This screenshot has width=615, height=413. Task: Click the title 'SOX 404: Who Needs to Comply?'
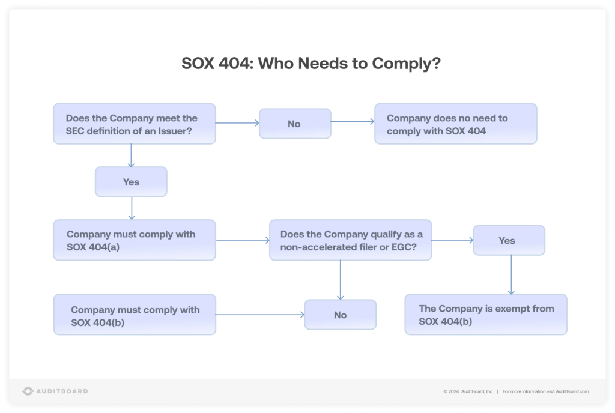tap(311, 64)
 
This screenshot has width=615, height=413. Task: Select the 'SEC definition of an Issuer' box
tap(134, 124)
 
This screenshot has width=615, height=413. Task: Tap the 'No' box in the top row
tap(294, 124)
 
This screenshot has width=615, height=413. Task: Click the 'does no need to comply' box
tap(455, 124)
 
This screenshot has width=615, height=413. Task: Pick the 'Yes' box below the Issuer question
tap(131, 182)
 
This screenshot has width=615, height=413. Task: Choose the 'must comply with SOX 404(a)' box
tap(134, 240)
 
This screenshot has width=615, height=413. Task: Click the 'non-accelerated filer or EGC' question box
tap(350, 240)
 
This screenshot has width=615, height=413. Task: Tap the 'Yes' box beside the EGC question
tap(509, 240)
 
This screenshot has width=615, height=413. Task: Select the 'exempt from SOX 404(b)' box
tap(485, 314)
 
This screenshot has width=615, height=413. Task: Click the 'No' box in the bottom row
tap(340, 315)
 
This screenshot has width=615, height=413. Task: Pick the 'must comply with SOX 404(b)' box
tap(134, 314)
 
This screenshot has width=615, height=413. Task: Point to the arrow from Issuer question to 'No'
tap(237, 123)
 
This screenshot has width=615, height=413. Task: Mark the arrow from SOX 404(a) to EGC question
tap(242, 240)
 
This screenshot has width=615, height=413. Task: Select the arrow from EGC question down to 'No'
tap(341, 280)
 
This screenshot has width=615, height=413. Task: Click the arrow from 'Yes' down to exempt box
tap(511, 274)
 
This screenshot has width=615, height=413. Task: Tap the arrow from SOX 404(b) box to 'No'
tap(259, 314)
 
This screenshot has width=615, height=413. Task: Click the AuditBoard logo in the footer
tap(55, 391)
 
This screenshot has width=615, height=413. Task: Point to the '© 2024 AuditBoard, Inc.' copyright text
tap(468, 391)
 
